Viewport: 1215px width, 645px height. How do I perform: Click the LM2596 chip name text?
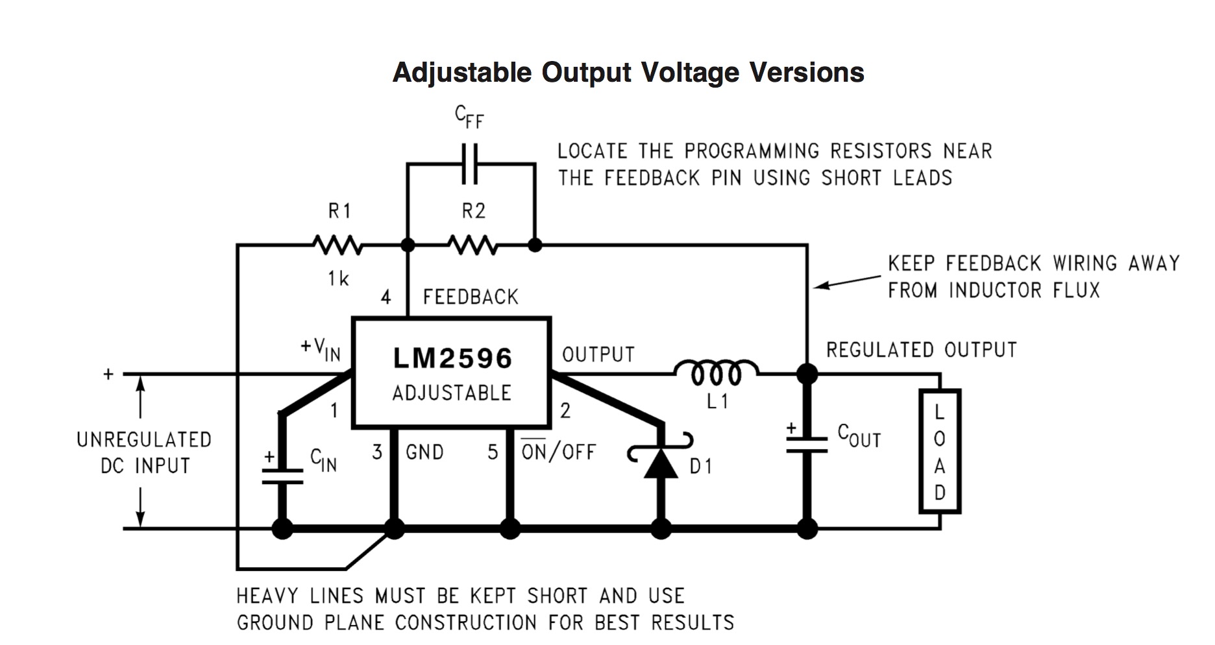pyautogui.click(x=452, y=358)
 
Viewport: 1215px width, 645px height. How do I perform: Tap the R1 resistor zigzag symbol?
pyautogui.click(x=337, y=245)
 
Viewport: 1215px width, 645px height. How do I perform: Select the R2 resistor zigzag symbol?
pyautogui.click(x=472, y=245)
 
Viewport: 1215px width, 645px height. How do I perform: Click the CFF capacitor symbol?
pyautogui.click(x=470, y=164)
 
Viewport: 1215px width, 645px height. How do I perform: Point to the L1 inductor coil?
pyautogui.click(x=716, y=372)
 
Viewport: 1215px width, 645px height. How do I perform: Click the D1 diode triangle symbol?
pyautogui.click(x=661, y=461)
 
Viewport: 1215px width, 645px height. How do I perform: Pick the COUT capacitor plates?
pyautogui.click(x=807, y=444)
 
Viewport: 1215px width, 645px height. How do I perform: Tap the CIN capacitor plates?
pyautogui.click(x=282, y=476)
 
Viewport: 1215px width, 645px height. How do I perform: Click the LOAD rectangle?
pyautogui.click(x=939, y=452)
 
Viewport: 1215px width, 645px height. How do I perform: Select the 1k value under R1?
pyautogui.click(x=338, y=278)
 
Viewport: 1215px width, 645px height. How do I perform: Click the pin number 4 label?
pyautogui.click(x=386, y=297)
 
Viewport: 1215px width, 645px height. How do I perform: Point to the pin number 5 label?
pyautogui.click(x=493, y=452)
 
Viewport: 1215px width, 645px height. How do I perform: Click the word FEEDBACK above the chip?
pyautogui.click(x=471, y=297)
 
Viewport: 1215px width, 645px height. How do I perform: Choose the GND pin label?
pyautogui.click(x=424, y=452)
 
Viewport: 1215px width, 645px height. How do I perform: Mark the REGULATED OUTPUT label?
pyautogui.click(x=921, y=350)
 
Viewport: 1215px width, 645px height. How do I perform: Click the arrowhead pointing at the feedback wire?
pyautogui.click(x=819, y=286)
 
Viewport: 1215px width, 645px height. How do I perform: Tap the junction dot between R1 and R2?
pyautogui.click(x=408, y=245)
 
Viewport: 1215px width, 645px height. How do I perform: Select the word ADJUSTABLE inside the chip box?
pyautogui.click(x=452, y=393)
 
